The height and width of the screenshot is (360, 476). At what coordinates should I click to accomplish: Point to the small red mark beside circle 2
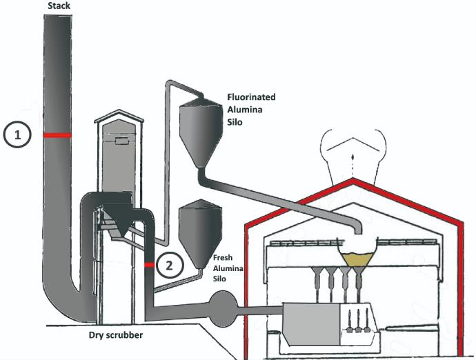(x=149, y=264)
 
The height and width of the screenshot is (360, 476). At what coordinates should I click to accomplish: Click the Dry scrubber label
(x=115, y=336)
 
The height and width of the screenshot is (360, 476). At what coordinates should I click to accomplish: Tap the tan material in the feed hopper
(x=355, y=257)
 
